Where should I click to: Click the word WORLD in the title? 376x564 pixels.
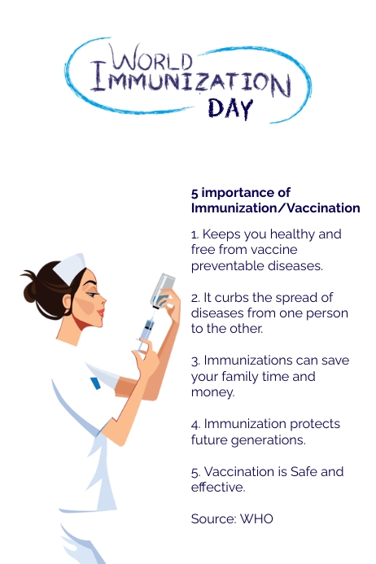tap(152, 59)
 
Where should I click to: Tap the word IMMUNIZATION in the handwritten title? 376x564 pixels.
tap(190, 81)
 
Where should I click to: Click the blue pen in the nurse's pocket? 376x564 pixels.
tap(95, 382)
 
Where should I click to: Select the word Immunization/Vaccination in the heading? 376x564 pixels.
tap(275, 208)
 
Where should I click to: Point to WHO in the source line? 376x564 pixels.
tap(256, 519)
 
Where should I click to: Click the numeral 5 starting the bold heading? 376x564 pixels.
tap(195, 193)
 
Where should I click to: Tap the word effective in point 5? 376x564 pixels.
tap(218, 487)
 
